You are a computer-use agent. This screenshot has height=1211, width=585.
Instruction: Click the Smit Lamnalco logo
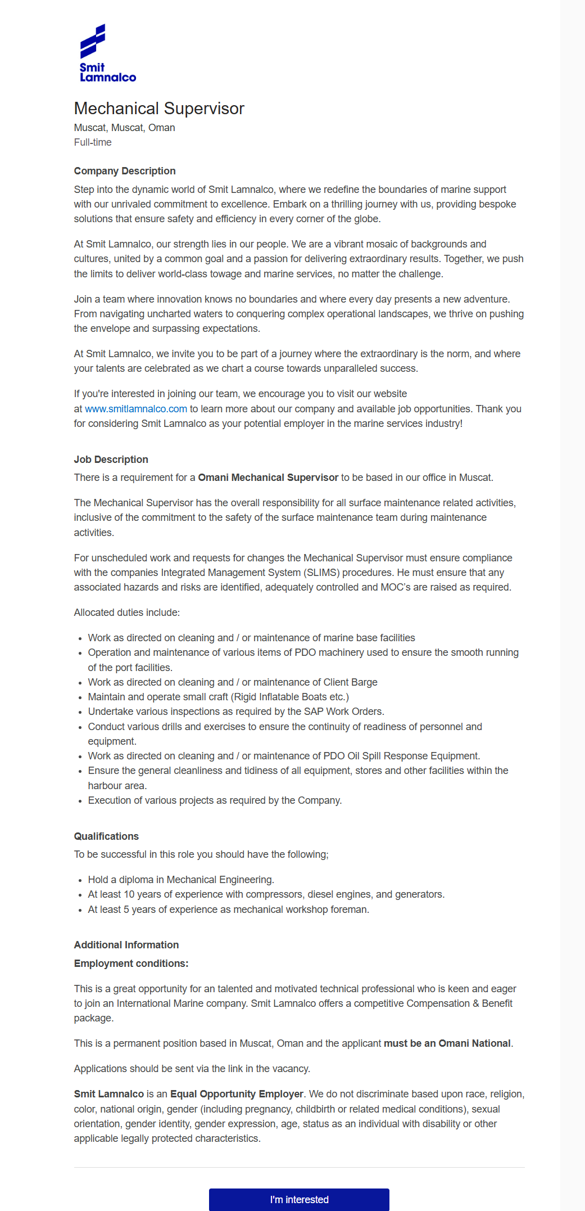(107, 53)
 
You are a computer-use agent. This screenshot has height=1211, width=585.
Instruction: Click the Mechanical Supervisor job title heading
(159, 108)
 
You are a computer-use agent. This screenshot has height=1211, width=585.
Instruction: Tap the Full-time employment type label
(93, 142)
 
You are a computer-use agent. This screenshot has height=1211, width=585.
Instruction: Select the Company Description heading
(125, 171)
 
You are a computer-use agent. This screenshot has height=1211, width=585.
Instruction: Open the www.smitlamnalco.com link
(136, 409)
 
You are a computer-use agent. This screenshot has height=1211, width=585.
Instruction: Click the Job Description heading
(111, 460)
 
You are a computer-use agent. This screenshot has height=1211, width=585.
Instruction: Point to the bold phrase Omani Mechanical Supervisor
(268, 478)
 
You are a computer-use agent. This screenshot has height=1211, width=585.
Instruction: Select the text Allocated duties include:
(127, 613)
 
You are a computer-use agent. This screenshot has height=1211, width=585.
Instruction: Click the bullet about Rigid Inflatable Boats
(218, 697)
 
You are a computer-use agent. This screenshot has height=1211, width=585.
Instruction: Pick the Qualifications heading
(106, 836)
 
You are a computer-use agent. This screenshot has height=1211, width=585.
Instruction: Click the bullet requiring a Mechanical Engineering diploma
(181, 880)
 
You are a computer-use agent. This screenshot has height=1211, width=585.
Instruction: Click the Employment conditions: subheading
(131, 964)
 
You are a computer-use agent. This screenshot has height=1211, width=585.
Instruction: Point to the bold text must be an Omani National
(447, 1043)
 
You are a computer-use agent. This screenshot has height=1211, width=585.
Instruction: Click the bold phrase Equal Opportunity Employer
(237, 1094)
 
